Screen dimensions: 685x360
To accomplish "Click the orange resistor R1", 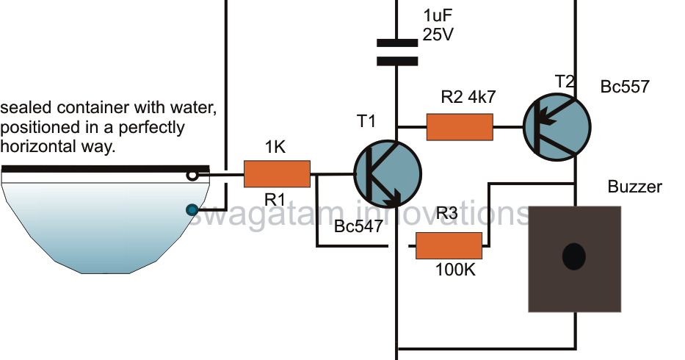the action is click(x=277, y=174).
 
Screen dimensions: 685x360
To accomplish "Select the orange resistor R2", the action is click(x=460, y=127).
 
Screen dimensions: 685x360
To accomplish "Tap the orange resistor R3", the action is click(x=449, y=246).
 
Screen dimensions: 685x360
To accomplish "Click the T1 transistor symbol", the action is click(x=388, y=174).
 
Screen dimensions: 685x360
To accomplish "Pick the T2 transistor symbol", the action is click(x=557, y=127).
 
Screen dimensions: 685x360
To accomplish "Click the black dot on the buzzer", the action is click(x=573, y=256).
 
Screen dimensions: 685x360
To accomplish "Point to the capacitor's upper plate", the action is click(x=397, y=43).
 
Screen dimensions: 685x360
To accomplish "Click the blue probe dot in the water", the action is click(x=192, y=210).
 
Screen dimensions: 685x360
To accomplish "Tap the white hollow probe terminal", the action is click(x=192, y=176).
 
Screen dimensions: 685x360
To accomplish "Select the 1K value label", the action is click(x=275, y=148).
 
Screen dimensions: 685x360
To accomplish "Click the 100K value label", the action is click(x=455, y=270).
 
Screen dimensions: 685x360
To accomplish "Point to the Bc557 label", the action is click(x=625, y=87).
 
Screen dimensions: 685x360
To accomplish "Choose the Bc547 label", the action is click(x=358, y=226).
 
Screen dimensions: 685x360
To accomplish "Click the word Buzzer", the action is click(x=635, y=187).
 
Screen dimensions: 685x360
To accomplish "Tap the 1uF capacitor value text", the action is click(x=438, y=15).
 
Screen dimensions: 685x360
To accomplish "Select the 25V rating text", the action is click(x=438, y=35).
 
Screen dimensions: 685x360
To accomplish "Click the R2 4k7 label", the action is click(x=468, y=97).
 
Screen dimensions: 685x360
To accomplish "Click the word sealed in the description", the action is click(x=26, y=107).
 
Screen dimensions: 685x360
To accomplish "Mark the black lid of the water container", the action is click(x=105, y=169).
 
